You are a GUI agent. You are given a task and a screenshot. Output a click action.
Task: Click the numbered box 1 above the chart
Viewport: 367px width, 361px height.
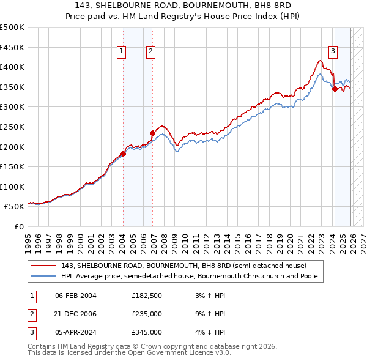point(122,52)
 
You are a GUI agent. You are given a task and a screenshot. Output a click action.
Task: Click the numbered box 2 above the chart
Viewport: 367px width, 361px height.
point(150,52)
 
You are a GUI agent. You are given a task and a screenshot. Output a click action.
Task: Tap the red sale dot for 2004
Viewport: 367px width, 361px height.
point(123,154)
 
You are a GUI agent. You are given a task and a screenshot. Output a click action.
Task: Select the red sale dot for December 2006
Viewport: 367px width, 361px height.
point(153,132)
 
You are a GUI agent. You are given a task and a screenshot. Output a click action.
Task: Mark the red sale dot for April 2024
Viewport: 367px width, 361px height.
point(335,89)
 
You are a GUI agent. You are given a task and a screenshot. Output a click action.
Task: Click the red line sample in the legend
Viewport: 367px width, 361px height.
point(44,266)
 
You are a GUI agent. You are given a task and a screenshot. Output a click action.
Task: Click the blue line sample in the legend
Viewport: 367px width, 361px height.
point(44,276)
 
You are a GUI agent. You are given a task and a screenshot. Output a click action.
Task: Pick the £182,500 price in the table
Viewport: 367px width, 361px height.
point(146,296)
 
